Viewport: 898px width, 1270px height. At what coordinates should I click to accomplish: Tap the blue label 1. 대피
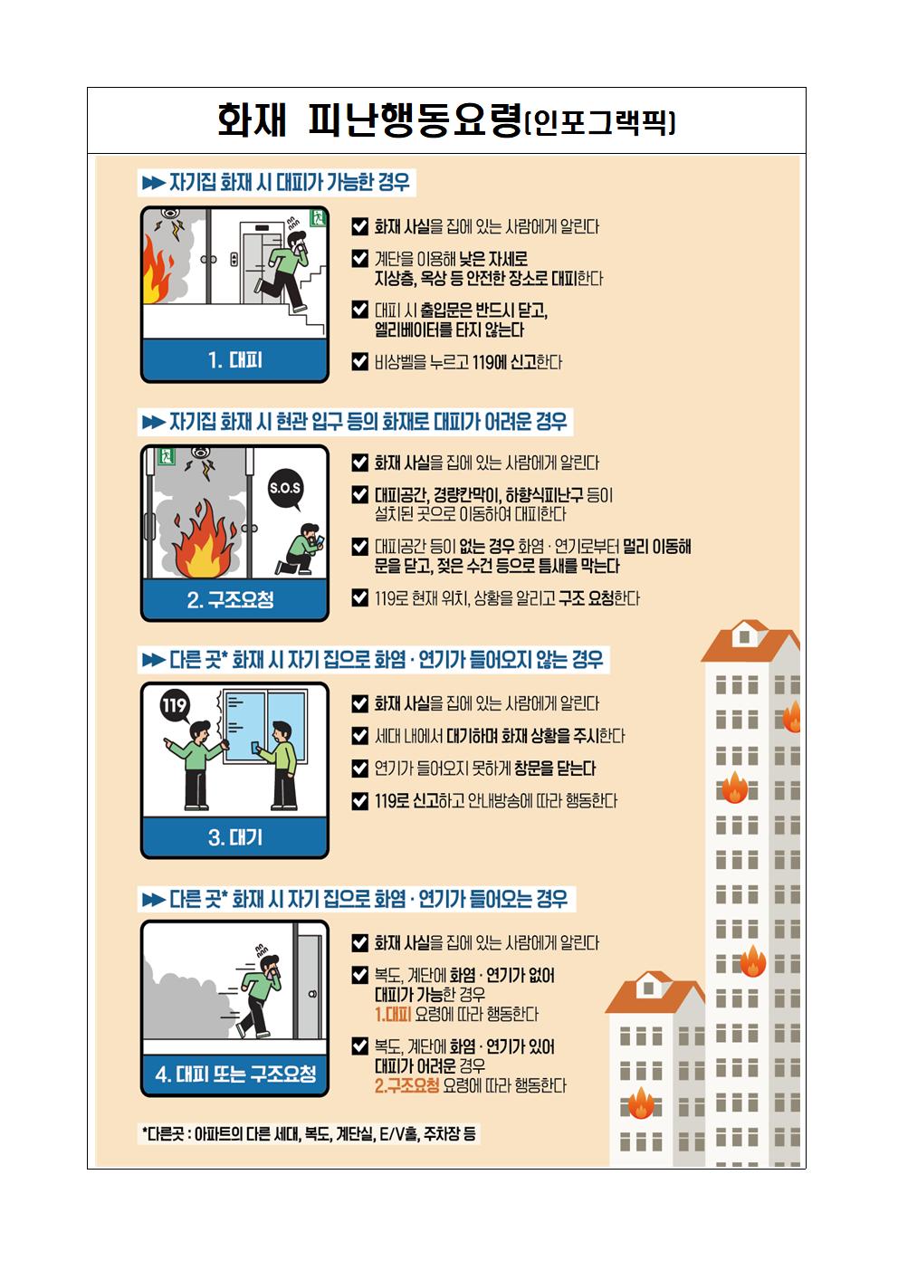[x=234, y=360]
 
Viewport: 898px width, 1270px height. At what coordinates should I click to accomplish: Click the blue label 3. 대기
[x=234, y=837]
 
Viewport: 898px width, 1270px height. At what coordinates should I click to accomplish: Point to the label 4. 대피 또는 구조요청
[x=235, y=1074]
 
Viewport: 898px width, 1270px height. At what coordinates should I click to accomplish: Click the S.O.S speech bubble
[x=285, y=489]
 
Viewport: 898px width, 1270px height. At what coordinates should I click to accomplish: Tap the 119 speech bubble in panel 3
[x=174, y=705]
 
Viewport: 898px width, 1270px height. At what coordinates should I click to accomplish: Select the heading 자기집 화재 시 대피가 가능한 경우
[x=277, y=183]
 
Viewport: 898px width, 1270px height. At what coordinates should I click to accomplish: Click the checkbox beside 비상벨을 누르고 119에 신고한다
[x=359, y=361]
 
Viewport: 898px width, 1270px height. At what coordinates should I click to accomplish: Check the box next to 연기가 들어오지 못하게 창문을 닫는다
[x=359, y=768]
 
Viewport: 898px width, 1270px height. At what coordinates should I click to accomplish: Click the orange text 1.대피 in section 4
[x=393, y=1014]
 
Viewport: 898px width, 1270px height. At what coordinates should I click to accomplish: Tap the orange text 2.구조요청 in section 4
[x=406, y=1085]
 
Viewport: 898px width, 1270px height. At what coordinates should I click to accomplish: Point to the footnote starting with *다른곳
[x=309, y=1133]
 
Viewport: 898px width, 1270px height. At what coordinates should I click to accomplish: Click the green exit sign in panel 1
[x=317, y=217]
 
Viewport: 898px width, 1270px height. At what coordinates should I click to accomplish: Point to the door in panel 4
[x=309, y=988]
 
